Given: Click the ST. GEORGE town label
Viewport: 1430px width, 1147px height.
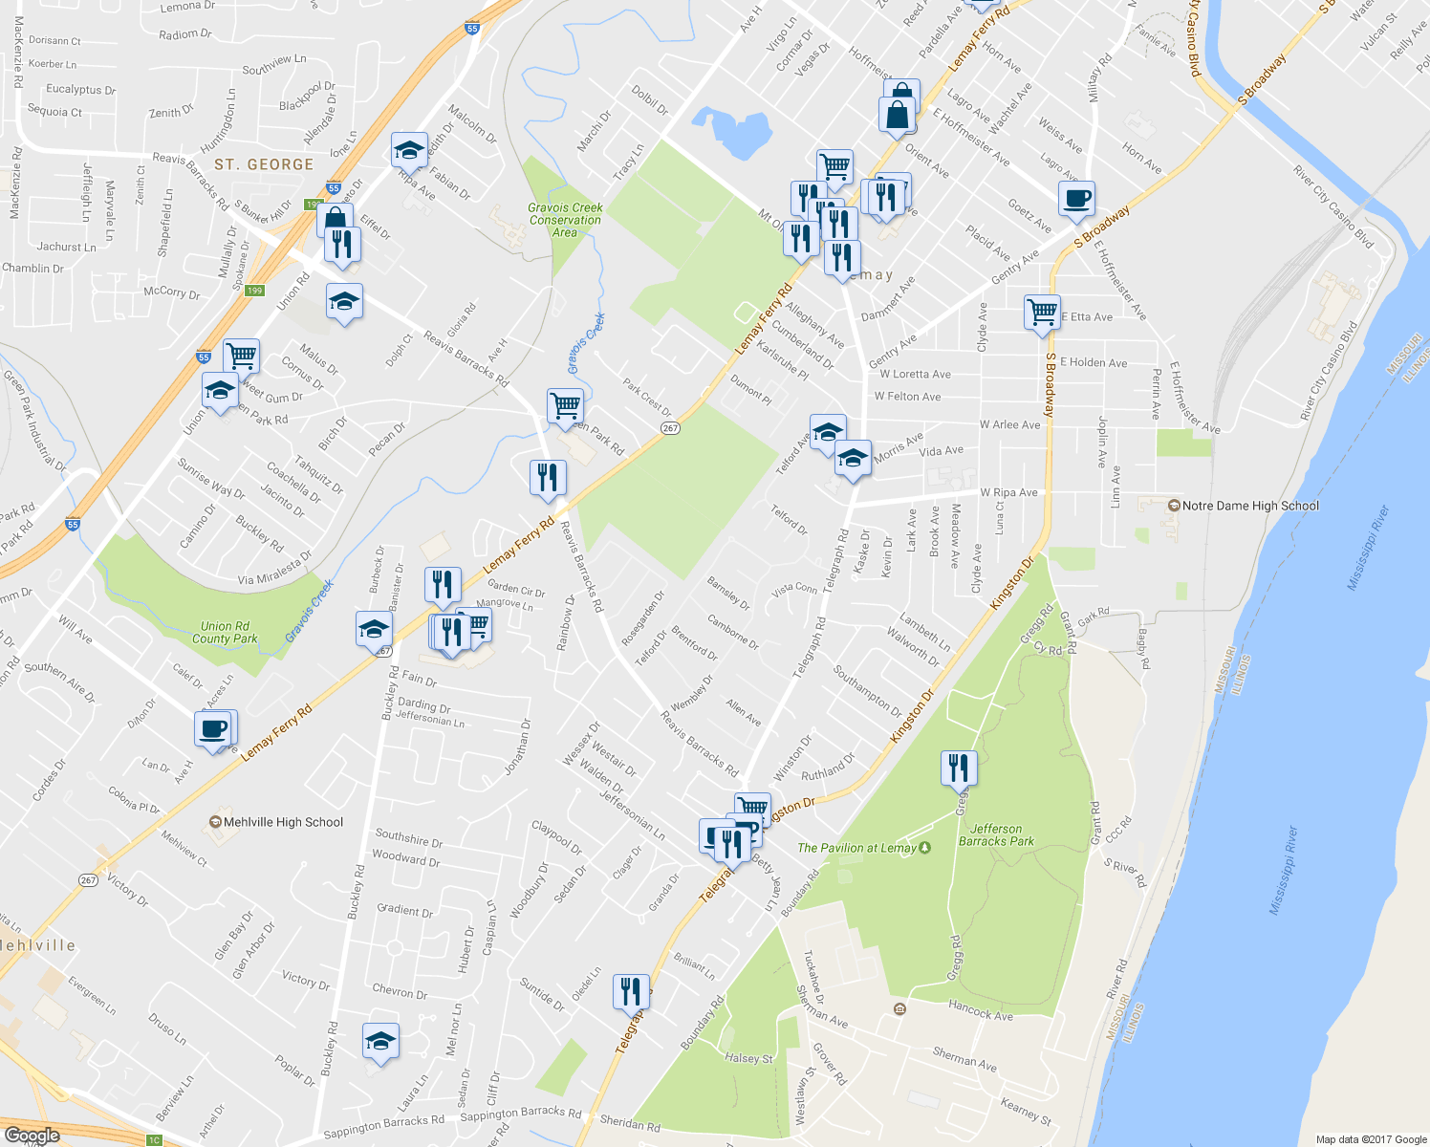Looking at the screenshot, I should [264, 164].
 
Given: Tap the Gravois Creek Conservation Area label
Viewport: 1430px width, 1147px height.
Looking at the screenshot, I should [565, 220].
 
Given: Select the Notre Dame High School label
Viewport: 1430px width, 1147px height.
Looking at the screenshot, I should [1249, 506].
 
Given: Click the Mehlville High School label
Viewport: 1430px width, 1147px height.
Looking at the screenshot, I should [282, 822].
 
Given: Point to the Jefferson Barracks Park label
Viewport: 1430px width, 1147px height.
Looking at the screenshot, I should [996, 835].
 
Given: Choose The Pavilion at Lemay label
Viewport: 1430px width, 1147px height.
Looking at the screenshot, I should [857, 848].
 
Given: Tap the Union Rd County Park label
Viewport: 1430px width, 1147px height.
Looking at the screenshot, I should [225, 633].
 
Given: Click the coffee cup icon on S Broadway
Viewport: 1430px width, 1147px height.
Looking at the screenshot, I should [1076, 199].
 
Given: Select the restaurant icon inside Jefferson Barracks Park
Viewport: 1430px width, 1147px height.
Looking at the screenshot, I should [958, 768].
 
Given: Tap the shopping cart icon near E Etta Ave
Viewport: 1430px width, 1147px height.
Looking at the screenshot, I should [1041, 312].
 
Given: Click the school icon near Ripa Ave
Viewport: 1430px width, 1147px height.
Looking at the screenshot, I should [409, 151].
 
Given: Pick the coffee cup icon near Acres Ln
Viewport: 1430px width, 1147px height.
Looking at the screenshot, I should [213, 729].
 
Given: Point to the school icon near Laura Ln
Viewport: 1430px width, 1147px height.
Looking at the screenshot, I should [380, 1041].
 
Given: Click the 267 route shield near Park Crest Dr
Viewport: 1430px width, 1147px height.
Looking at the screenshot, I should [671, 427].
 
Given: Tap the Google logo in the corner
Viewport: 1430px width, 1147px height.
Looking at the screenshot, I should [32, 1136].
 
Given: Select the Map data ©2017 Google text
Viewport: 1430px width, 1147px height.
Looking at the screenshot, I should [1370, 1139].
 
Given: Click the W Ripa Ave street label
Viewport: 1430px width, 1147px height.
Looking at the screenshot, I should [1008, 493].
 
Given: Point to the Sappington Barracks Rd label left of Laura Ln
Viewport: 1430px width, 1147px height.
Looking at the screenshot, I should [383, 1127].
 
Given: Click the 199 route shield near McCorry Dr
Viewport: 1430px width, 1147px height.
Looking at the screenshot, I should [254, 291].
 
